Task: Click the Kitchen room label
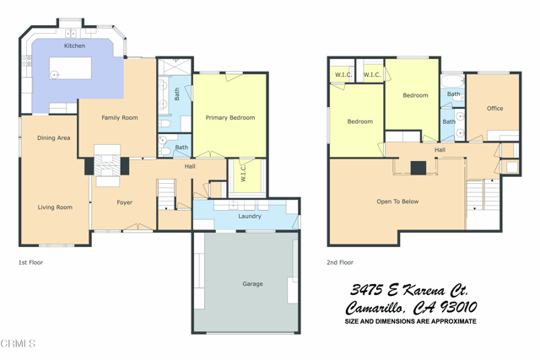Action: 74,46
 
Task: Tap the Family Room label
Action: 120,118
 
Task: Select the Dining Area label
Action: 53,137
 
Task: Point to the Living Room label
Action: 55,207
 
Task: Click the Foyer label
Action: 124,202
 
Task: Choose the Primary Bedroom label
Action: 230,118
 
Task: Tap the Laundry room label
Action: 250,217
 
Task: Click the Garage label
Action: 252,284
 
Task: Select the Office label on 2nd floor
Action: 494,108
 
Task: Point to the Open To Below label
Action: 397,201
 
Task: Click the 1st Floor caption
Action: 30,263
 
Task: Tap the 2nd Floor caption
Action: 339,263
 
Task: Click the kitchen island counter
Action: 71,68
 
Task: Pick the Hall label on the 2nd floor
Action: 440,150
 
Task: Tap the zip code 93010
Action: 454,308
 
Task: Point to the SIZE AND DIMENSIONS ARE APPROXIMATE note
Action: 410,321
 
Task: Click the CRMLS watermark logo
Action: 19,343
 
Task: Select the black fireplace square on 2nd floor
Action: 418,167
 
